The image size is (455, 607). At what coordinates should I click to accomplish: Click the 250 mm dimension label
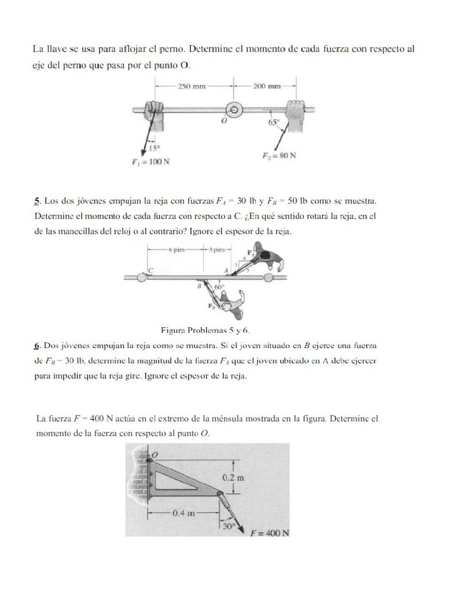191,85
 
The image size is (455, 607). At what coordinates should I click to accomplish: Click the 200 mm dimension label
267,85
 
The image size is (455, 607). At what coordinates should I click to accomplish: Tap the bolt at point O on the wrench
234,110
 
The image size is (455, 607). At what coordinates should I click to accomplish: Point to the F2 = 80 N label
279,156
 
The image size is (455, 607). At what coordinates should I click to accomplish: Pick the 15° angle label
153,149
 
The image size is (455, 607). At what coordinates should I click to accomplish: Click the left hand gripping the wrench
155,110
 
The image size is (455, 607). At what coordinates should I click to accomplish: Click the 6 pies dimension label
177,250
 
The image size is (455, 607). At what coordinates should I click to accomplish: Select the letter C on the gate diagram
150,270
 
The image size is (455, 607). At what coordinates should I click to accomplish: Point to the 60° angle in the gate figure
219,286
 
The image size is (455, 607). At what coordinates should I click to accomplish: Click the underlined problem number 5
36,201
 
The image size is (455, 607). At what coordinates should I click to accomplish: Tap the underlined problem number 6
36,344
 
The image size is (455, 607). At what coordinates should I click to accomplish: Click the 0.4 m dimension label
184,513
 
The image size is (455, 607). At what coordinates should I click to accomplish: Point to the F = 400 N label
270,532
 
